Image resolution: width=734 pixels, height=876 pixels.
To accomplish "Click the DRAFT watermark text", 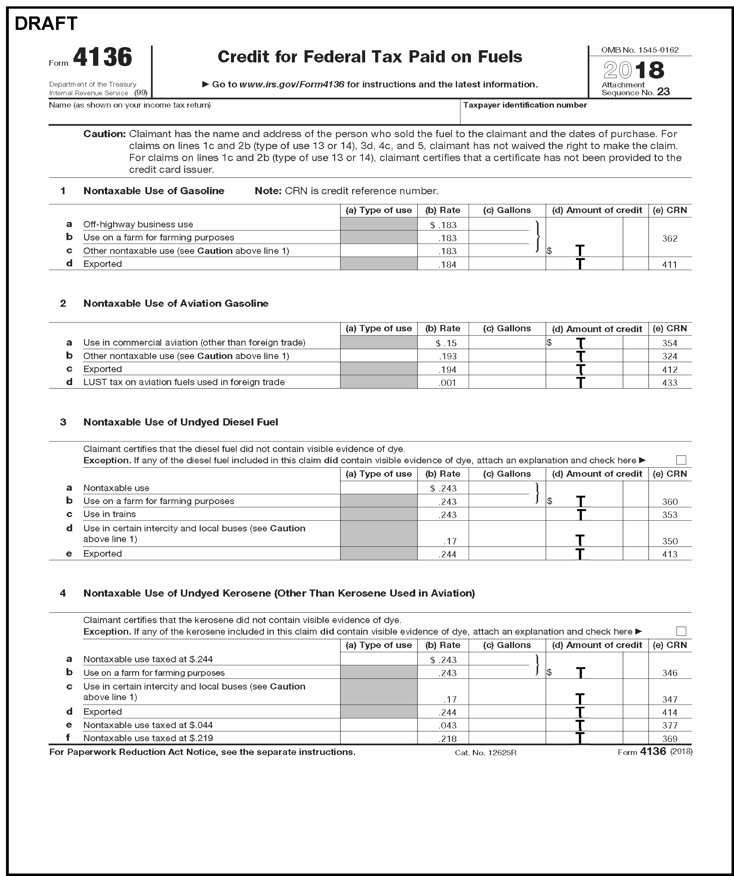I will (x=46, y=24).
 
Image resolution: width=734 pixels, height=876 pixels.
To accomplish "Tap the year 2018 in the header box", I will (x=633, y=70).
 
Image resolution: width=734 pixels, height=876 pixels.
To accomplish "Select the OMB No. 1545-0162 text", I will (x=640, y=50).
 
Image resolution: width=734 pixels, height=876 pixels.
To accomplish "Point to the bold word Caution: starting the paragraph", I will (x=104, y=134).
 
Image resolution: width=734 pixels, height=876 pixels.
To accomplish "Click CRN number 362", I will (x=669, y=239).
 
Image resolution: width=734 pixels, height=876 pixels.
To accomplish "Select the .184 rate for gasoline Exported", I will (x=447, y=264).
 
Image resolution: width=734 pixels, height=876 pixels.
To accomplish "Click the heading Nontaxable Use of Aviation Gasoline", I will (x=176, y=303).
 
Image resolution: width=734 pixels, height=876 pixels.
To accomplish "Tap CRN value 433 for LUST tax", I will (x=669, y=383).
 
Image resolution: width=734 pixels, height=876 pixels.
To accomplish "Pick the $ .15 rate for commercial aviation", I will (x=445, y=343).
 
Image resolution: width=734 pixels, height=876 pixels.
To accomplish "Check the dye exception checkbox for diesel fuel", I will (x=681, y=460).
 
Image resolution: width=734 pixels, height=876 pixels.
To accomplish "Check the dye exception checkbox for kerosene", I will (x=681, y=631).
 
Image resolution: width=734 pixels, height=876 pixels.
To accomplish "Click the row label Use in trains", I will (x=110, y=514).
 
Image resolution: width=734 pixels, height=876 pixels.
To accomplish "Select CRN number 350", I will (x=669, y=541).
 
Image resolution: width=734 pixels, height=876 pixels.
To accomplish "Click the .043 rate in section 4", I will (x=447, y=725).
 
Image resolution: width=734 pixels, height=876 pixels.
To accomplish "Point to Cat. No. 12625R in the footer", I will (x=485, y=752).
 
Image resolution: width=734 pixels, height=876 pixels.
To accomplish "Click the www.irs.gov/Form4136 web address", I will (x=292, y=84).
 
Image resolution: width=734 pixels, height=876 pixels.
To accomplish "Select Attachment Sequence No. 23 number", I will (x=663, y=92).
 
